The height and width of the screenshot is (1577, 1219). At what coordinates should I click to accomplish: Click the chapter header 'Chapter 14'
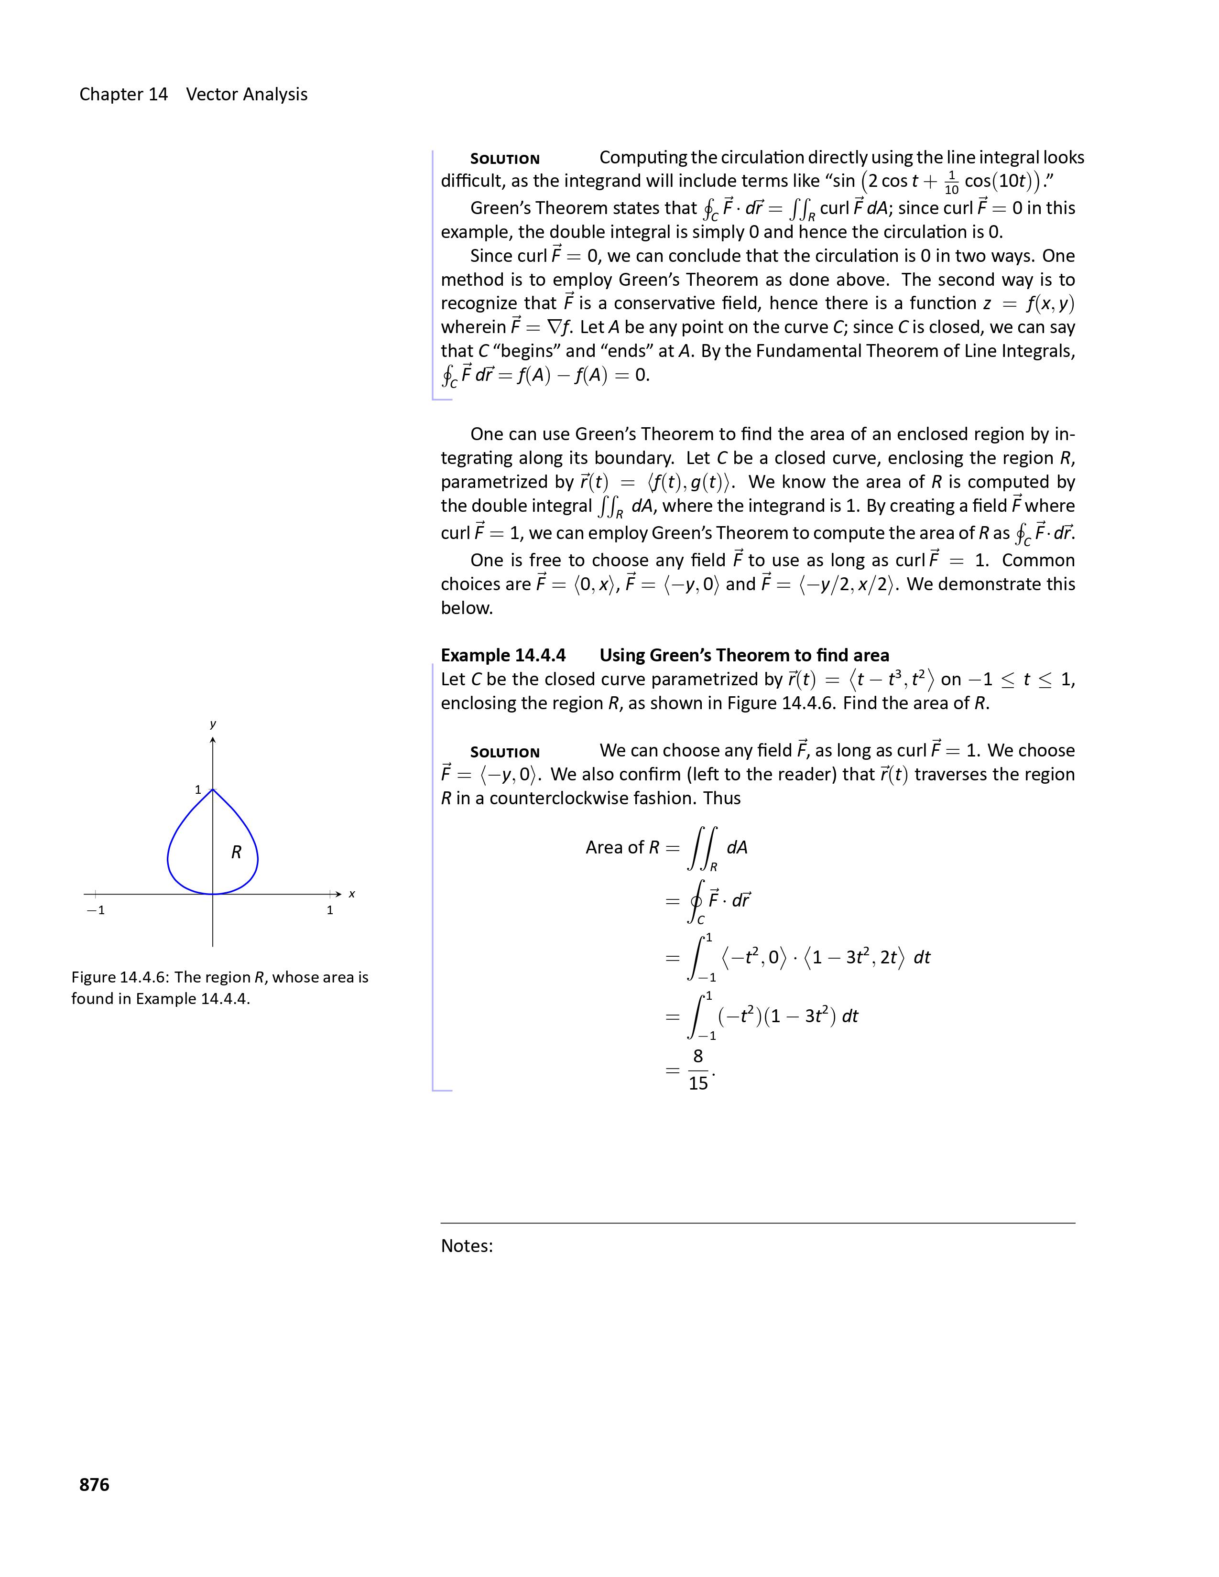123,95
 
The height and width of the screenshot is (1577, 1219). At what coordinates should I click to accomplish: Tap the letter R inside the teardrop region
236,853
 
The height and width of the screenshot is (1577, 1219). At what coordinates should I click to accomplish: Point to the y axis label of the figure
213,724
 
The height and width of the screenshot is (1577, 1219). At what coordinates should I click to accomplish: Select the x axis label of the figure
352,894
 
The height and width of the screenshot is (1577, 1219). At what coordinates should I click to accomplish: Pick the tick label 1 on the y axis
198,790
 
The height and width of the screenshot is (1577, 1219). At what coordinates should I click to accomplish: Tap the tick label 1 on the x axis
330,910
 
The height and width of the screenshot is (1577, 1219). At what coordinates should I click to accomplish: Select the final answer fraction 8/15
698,1069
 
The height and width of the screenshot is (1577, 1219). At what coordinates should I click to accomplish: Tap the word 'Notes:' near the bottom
467,1245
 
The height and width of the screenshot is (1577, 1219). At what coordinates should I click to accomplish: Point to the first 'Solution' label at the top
505,159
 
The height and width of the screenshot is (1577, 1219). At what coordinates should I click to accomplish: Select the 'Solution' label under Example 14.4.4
505,752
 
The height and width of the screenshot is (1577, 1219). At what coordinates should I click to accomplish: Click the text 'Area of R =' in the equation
632,848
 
